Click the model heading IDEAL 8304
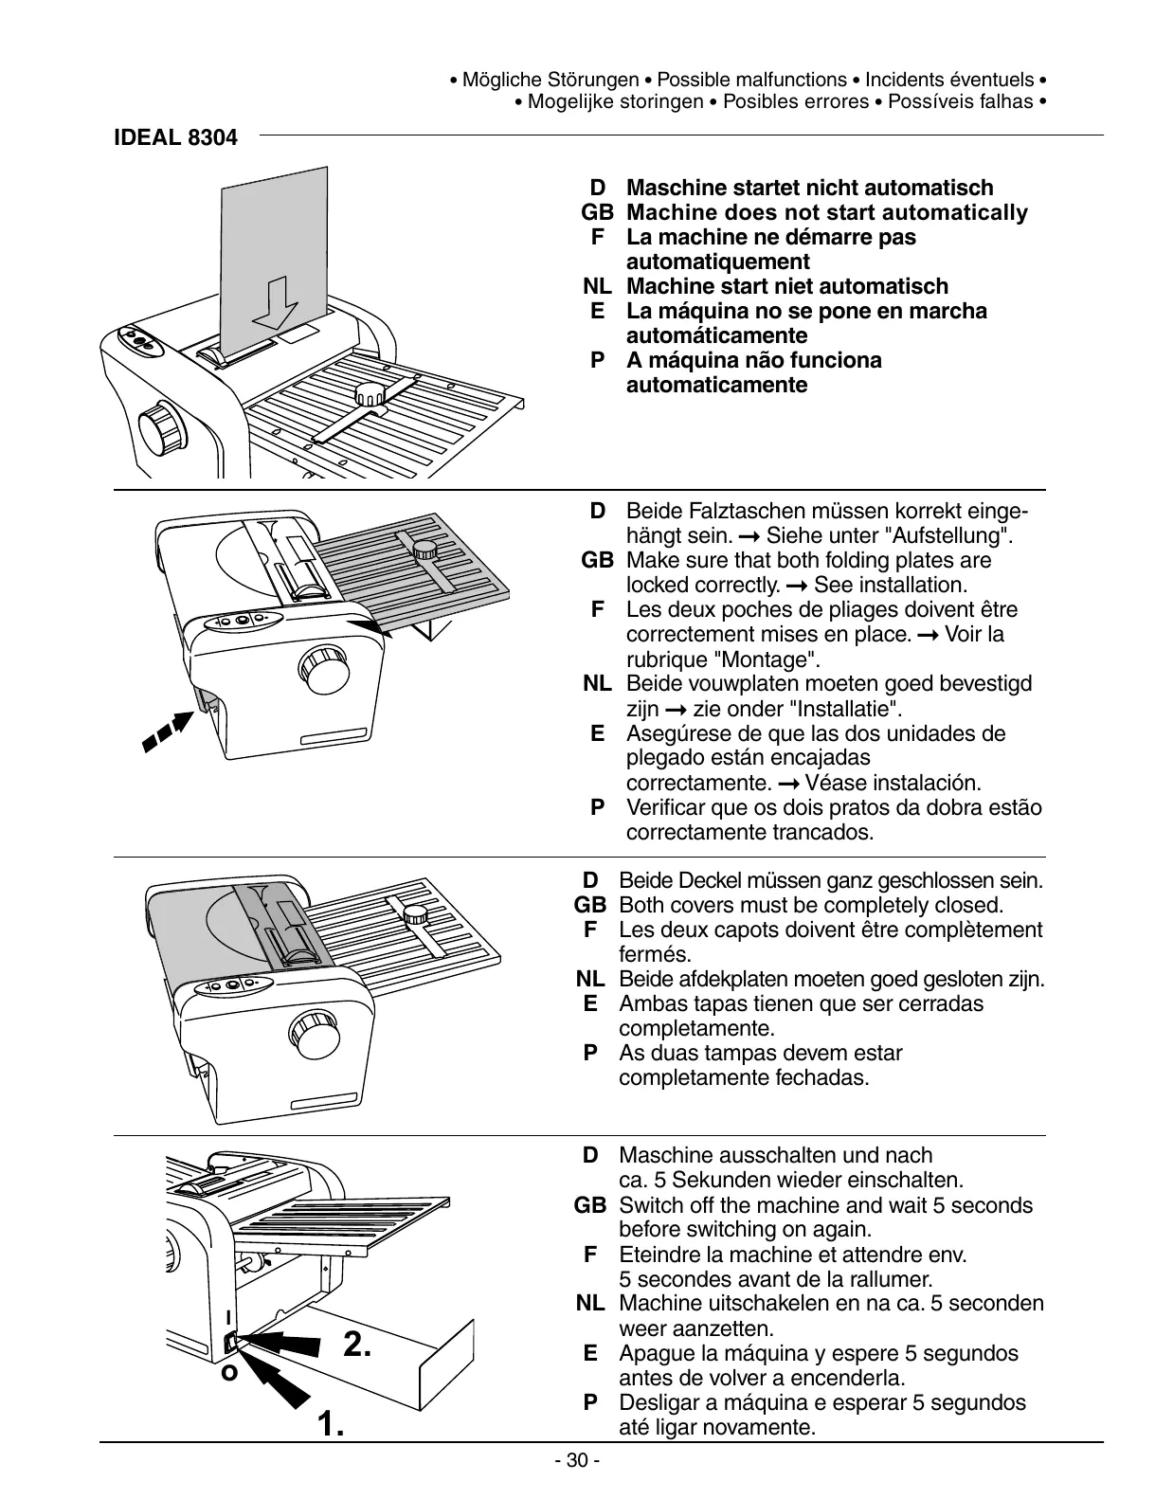click(x=175, y=137)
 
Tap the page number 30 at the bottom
click(x=577, y=1460)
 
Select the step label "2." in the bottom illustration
click(x=356, y=1344)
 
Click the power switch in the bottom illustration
click(x=231, y=1342)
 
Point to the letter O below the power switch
click(x=228, y=1372)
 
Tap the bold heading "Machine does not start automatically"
click(x=826, y=212)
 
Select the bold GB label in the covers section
click(x=589, y=906)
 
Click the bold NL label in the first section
click(x=597, y=286)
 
